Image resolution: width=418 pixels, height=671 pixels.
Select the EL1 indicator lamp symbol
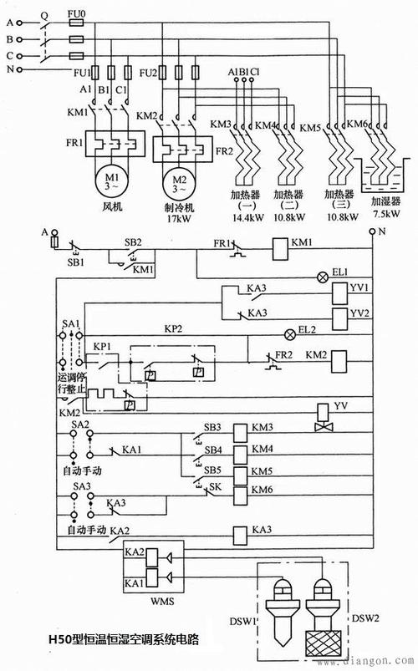318,277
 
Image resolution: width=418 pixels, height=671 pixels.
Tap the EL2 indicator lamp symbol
291,333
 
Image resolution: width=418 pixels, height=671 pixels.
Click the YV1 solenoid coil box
339,292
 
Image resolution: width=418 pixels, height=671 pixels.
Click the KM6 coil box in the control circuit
240,490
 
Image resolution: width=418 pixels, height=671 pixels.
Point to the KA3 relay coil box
240,531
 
